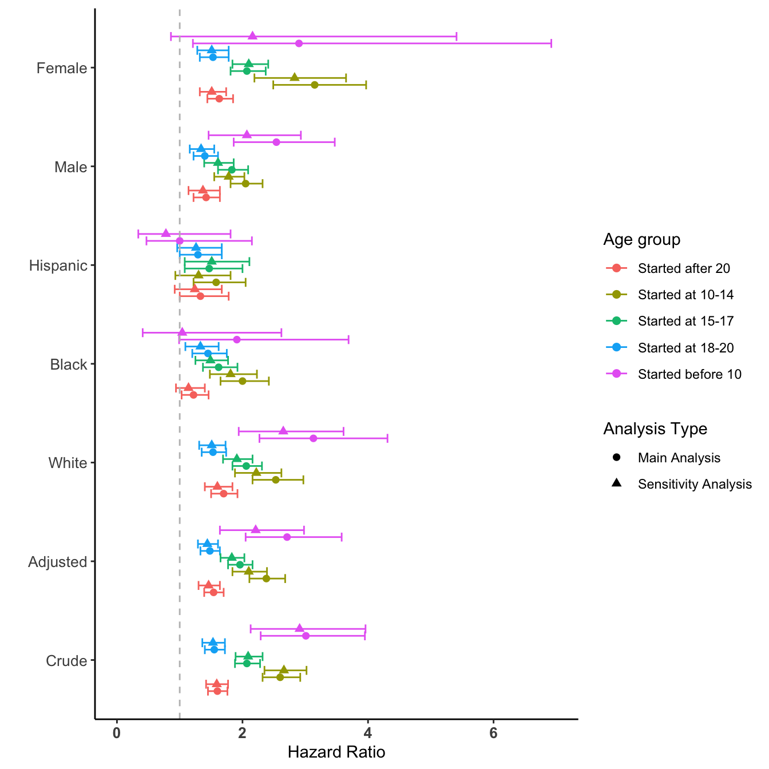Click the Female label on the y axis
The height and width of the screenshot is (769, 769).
[x=62, y=68]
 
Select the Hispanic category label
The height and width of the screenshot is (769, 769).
[x=58, y=265]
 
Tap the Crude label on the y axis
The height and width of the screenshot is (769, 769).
[x=66, y=661]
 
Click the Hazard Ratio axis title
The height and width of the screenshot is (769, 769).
[x=336, y=752]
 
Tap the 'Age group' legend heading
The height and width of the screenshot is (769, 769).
[x=641, y=239]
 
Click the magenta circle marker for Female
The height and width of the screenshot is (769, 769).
[x=299, y=43]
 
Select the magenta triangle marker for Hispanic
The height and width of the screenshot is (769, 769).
[x=166, y=233]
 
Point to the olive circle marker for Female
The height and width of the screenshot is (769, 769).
[x=314, y=85]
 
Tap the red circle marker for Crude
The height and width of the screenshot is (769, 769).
[x=217, y=691]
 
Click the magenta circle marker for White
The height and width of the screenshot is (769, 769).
[x=313, y=438]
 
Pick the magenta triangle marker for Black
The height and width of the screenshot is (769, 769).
[x=183, y=332]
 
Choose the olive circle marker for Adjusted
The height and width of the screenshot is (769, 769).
[x=266, y=578]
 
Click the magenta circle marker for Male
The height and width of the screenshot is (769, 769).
[x=276, y=142]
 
